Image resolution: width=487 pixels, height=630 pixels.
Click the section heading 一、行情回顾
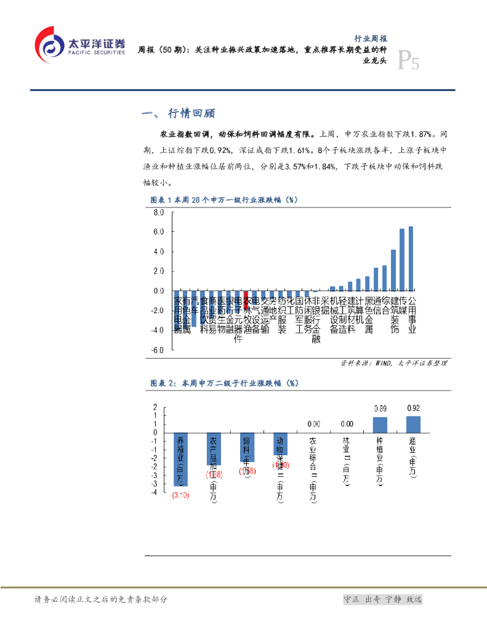click(179, 114)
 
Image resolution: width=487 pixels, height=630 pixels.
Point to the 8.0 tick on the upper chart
click(159, 213)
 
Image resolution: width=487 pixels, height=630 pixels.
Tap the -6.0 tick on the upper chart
click(158, 350)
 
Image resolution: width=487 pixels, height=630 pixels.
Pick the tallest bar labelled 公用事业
click(411, 258)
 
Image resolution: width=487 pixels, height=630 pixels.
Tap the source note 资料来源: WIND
click(394, 363)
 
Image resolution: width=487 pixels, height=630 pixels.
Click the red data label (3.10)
click(180, 495)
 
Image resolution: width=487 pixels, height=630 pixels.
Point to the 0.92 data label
click(413, 408)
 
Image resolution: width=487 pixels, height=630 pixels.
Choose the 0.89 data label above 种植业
click(380, 409)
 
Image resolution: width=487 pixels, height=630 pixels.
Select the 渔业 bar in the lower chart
click(413, 425)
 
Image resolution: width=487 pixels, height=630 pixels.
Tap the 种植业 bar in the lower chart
click(380, 425)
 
